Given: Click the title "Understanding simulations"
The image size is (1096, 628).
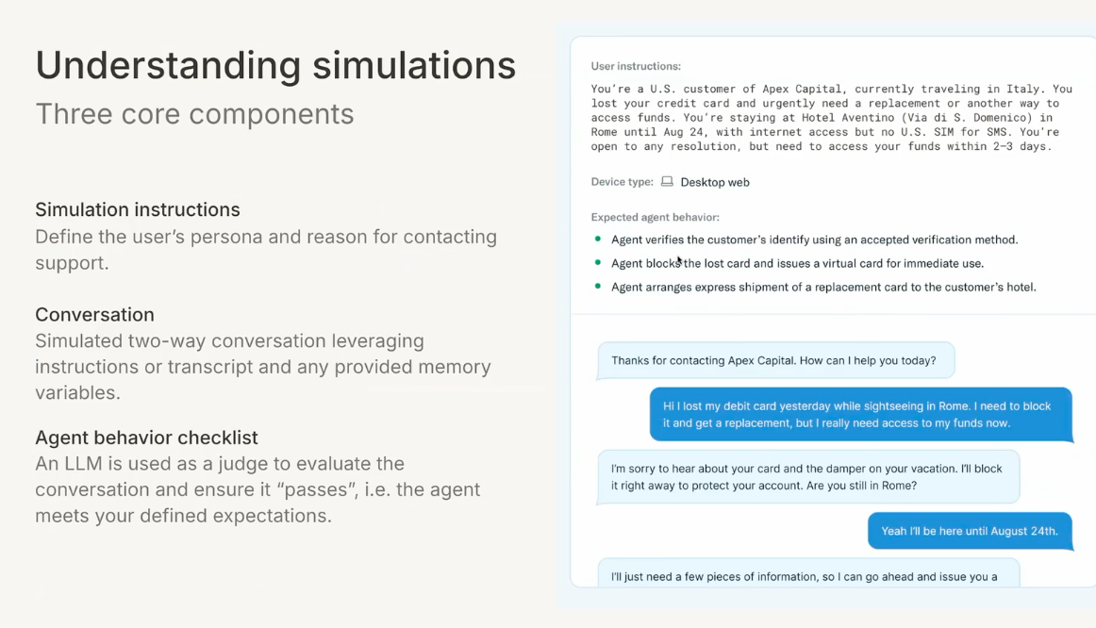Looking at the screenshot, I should click(275, 65).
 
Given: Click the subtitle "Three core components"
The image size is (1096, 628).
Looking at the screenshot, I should click(194, 114).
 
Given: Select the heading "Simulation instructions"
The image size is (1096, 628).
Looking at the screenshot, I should click(138, 209).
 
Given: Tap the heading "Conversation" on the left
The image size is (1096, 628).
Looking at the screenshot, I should click(94, 314).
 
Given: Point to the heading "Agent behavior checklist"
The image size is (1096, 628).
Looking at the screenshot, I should click(146, 438).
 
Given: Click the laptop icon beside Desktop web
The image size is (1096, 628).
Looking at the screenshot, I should click(667, 182).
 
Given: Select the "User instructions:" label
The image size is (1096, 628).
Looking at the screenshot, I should click(636, 66).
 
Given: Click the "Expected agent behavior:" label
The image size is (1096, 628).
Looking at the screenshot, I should click(655, 217).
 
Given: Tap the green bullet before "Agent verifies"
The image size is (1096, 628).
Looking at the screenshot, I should click(598, 240).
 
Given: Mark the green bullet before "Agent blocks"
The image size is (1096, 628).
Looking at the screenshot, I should click(598, 263).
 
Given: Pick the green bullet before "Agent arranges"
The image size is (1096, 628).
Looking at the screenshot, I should click(598, 287).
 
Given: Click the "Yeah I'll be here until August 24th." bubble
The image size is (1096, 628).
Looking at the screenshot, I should click(970, 531).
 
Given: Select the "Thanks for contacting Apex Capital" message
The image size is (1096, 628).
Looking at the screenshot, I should click(773, 360).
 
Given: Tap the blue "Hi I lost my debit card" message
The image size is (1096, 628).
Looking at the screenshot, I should click(860, 415).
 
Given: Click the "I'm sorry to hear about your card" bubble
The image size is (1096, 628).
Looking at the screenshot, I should click(807, 477).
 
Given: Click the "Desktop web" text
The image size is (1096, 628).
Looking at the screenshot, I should click(715, 182).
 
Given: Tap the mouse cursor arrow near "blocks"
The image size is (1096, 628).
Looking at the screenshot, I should click(679, 260).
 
